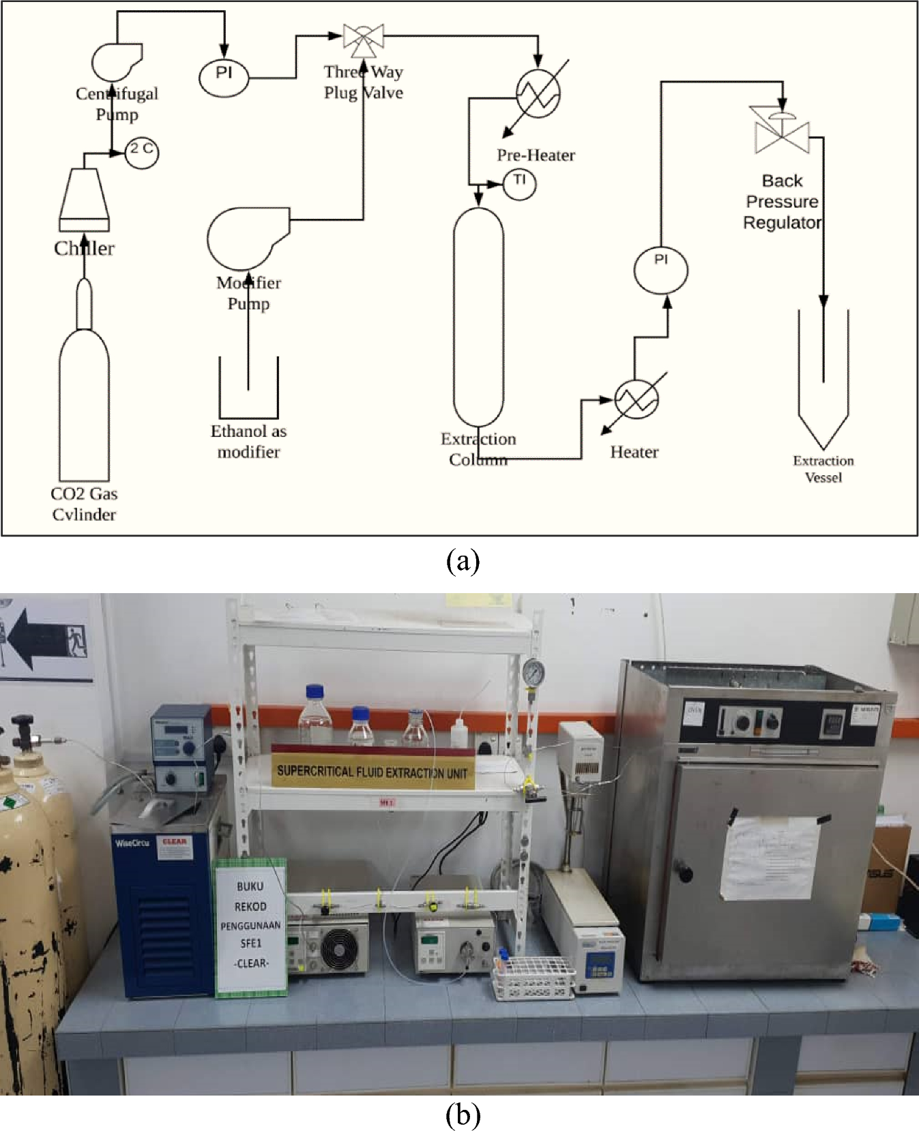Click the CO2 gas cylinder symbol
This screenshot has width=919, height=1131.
83,402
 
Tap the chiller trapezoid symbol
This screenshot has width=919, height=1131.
83,198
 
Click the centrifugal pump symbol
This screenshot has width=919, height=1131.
115,61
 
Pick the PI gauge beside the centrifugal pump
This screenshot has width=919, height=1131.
224,77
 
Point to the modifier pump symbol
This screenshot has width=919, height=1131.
246,239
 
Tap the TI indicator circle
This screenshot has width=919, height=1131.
520,183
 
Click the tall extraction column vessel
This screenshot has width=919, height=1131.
478,317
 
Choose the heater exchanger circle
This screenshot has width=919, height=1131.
636,399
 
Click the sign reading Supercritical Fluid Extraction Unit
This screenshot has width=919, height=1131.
373,771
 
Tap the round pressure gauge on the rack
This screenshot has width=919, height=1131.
534,672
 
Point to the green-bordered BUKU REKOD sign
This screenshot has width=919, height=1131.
250,927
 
